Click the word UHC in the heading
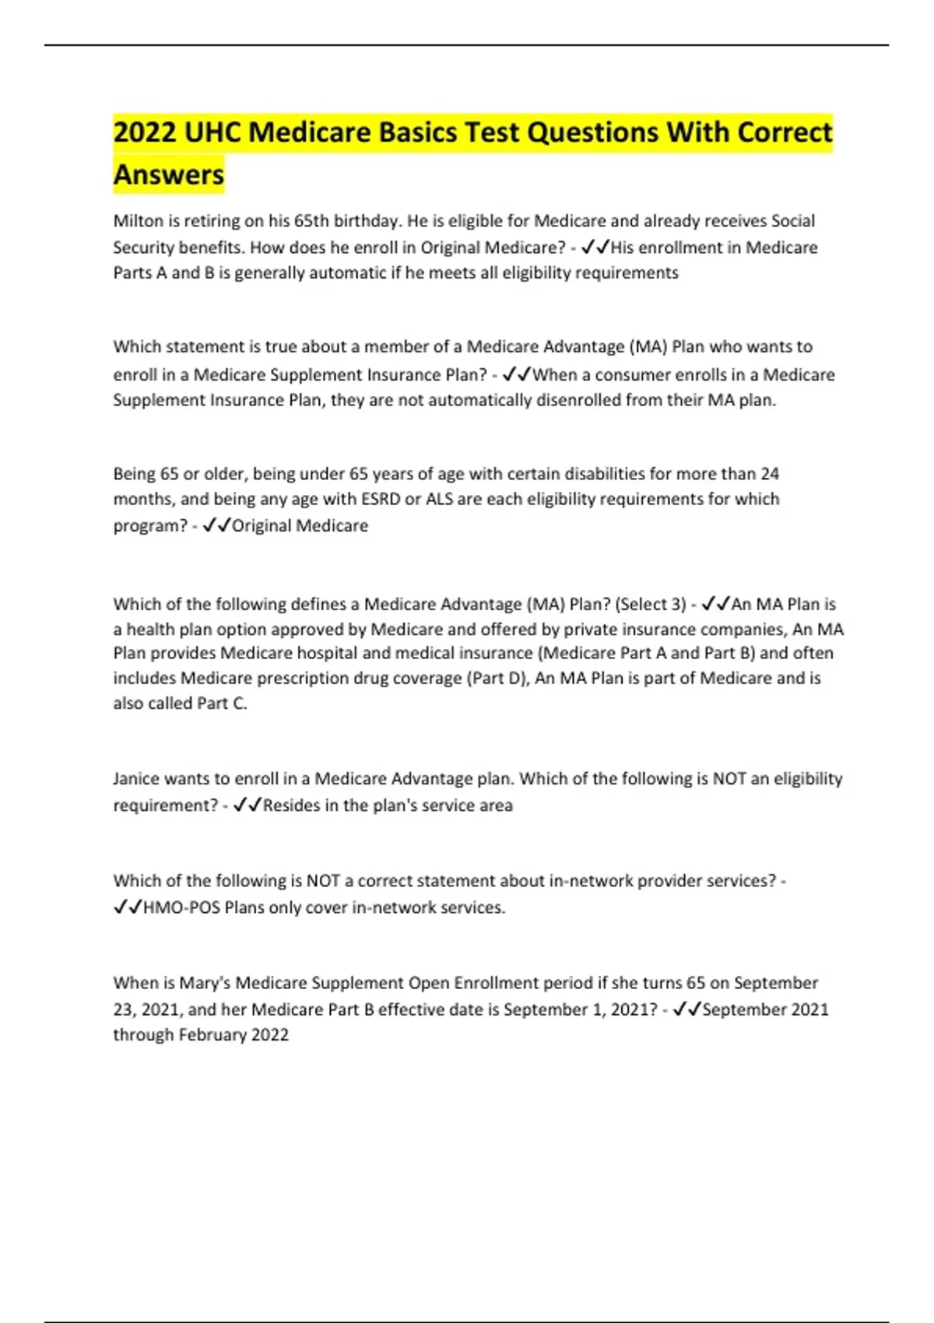pyautogui.click(x=212, y=132)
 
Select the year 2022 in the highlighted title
pyautogui.click(x=145, y=132)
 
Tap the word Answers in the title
pyautogui.click(x=169, y=174)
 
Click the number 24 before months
pyautogui.click(x=769, y=473)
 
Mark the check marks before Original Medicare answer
pyautogui.click(x=216, y=526)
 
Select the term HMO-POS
pyautogui.click(x=181, y=907)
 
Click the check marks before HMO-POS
pyautogui.click(x=128, y=907)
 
